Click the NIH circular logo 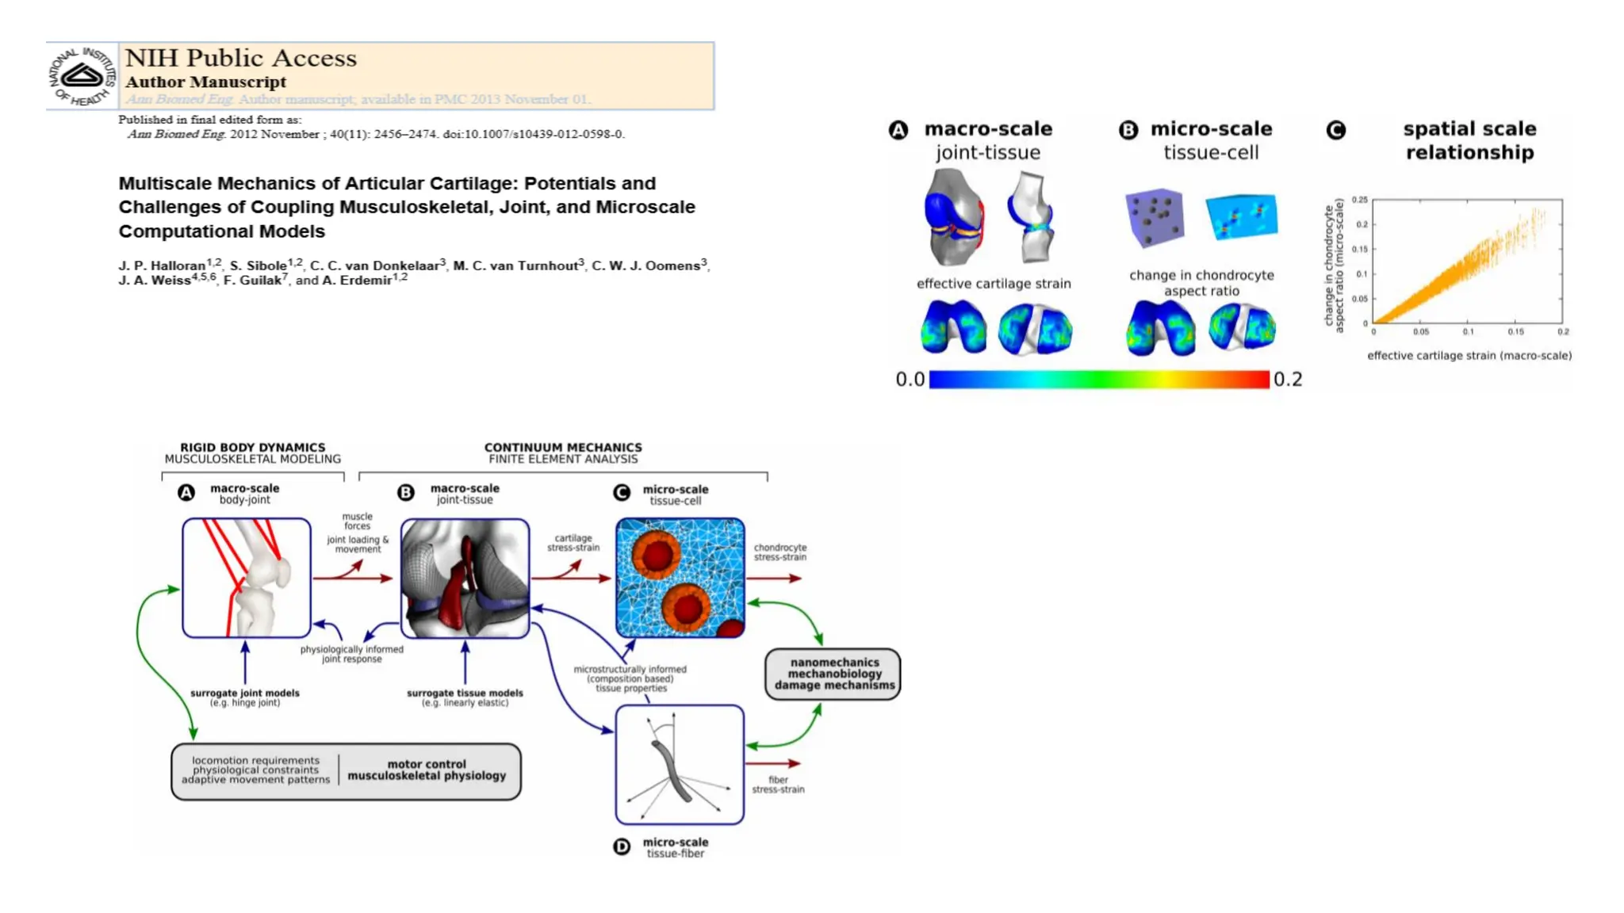pos(82,76)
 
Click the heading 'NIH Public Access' pos(241,58)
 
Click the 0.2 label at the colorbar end pos(1288,380)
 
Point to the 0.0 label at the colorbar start pos(910,380)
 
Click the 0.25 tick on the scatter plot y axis pos(1359,200)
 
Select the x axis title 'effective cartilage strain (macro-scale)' pos(1469,356)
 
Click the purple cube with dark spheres pos(1155,216)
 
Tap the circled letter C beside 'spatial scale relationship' pos(1336,130)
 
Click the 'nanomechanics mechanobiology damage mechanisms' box pos(833,674)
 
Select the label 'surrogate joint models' pos(244,693)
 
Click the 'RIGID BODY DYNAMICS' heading pos(252,447)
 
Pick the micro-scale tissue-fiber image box pos(680,765)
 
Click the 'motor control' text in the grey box pos(427,764)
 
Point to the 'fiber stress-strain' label pos(778,785)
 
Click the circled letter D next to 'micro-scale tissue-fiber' pos(622,847)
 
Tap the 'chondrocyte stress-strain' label pos(779,552)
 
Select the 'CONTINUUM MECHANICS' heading pos(563,447)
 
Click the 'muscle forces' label pos(357,521)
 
